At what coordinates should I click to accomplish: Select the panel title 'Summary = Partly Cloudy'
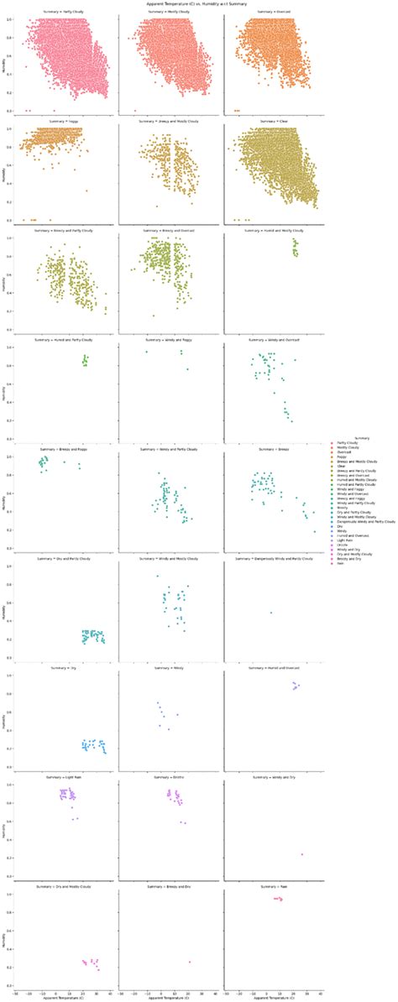63,12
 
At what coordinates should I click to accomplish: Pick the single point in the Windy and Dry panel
301,854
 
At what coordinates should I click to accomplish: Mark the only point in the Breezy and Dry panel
190,962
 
